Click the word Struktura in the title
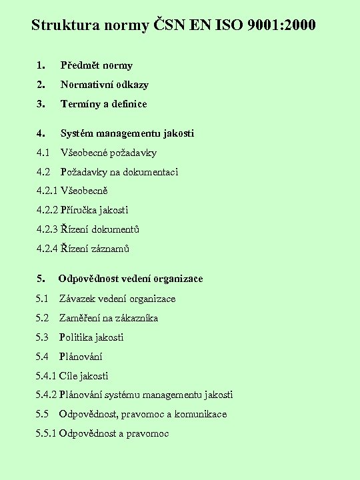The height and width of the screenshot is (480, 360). pyautogui.click(x=61, y=26)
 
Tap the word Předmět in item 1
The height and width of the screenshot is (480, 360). pyautogui.click(x=79, y=65)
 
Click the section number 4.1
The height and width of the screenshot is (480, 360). pyautogui.click(x=43, y=153)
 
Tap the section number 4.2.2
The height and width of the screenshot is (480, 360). pyautogui.click(x=47, y=210)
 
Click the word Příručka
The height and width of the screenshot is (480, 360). pyautogui.click(x=81, y=210)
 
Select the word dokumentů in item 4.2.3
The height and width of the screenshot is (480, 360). pyautogui.click(x=116, y=229)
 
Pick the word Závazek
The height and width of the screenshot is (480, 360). pyautogui.click(x=77, y=299)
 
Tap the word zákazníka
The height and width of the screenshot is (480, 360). pyautogui.click(x=136, y=318)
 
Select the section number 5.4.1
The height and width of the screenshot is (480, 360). pyautogui.click(x=47, y=376)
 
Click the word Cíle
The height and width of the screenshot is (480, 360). pyautogui.click(x=69, y=376)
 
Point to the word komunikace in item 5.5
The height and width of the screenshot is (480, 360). pyautogui.click(x=200, y=414)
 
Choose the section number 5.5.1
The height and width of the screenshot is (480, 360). pyautogui.click(x=47, y=433)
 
